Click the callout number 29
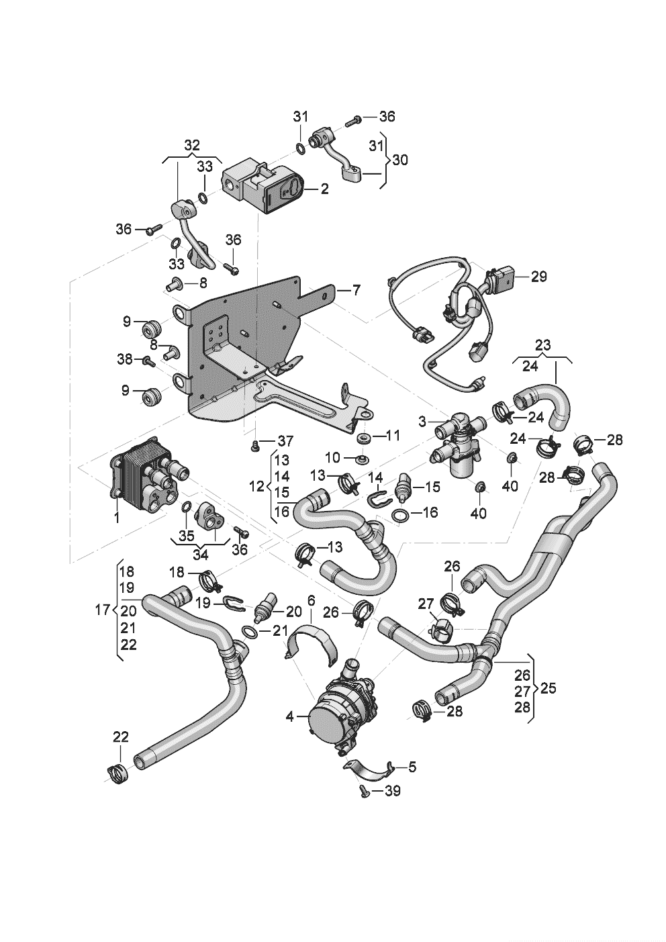click(538, 277)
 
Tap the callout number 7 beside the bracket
click(356, 290)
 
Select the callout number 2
click(324, 189)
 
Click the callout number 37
click(285, 441)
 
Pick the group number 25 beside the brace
click(549, 688)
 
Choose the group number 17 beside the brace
click(102, 610)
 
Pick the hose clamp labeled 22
click(117, 775)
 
